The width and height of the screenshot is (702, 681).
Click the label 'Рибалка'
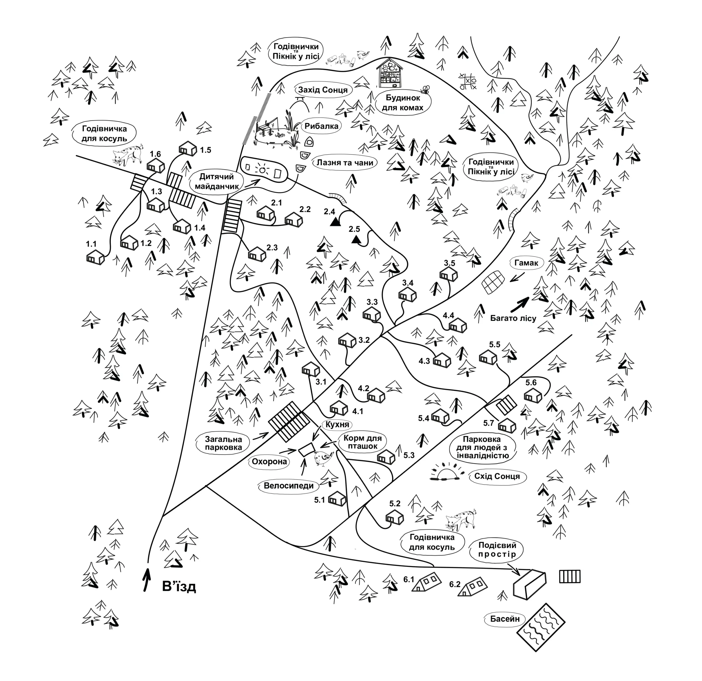[321, 126]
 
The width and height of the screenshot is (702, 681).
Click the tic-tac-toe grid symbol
[468, 81]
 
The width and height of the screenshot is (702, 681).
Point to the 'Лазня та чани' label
[344, 163]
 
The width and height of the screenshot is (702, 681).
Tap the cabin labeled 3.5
[449, 275]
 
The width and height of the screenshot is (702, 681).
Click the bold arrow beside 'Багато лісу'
[519, 304]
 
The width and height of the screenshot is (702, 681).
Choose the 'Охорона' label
[269, 461]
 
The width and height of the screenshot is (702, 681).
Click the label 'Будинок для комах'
[403, 103]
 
